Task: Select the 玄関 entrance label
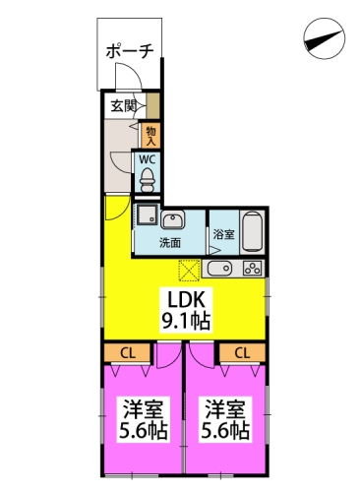(122, 106)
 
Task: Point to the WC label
(146, 158)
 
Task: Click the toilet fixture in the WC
(147, 179)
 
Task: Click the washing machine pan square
(147, 216)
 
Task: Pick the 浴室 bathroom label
(223, 235)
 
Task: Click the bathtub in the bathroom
(251, 232)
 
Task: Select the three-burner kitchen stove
(252, 268)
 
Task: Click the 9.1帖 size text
(184, 320)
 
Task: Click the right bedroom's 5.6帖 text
(225, 430)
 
